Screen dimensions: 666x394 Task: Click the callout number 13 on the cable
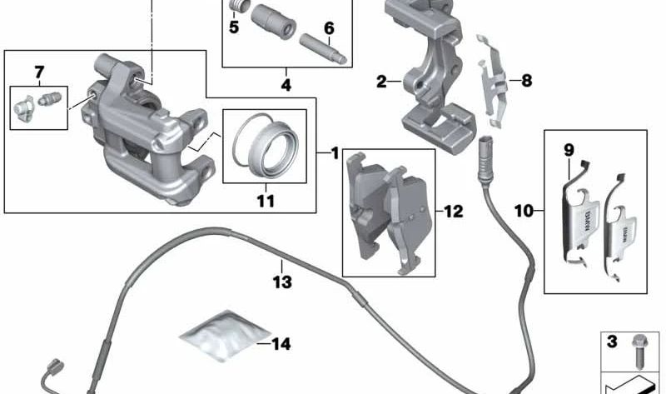282,282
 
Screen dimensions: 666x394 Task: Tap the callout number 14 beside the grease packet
281,344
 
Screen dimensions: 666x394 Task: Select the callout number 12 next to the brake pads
453,212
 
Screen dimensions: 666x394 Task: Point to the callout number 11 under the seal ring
266,201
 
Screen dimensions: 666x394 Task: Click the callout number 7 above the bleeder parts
39,72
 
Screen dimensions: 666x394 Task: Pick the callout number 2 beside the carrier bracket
381,82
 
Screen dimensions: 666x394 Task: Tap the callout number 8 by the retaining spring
527,80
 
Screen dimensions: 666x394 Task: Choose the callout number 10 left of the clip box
524,211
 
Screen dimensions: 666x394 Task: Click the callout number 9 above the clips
569,150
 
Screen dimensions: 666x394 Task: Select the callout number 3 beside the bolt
612,342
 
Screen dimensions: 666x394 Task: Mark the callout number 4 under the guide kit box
286,85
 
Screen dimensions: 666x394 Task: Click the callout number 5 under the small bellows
234,27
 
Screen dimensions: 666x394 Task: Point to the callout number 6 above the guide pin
329,28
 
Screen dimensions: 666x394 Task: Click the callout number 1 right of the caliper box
335,153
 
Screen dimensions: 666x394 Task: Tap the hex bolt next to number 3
639,351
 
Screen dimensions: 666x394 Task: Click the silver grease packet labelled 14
224,336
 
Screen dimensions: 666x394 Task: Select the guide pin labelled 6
324,49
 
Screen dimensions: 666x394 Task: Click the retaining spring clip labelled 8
492,81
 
